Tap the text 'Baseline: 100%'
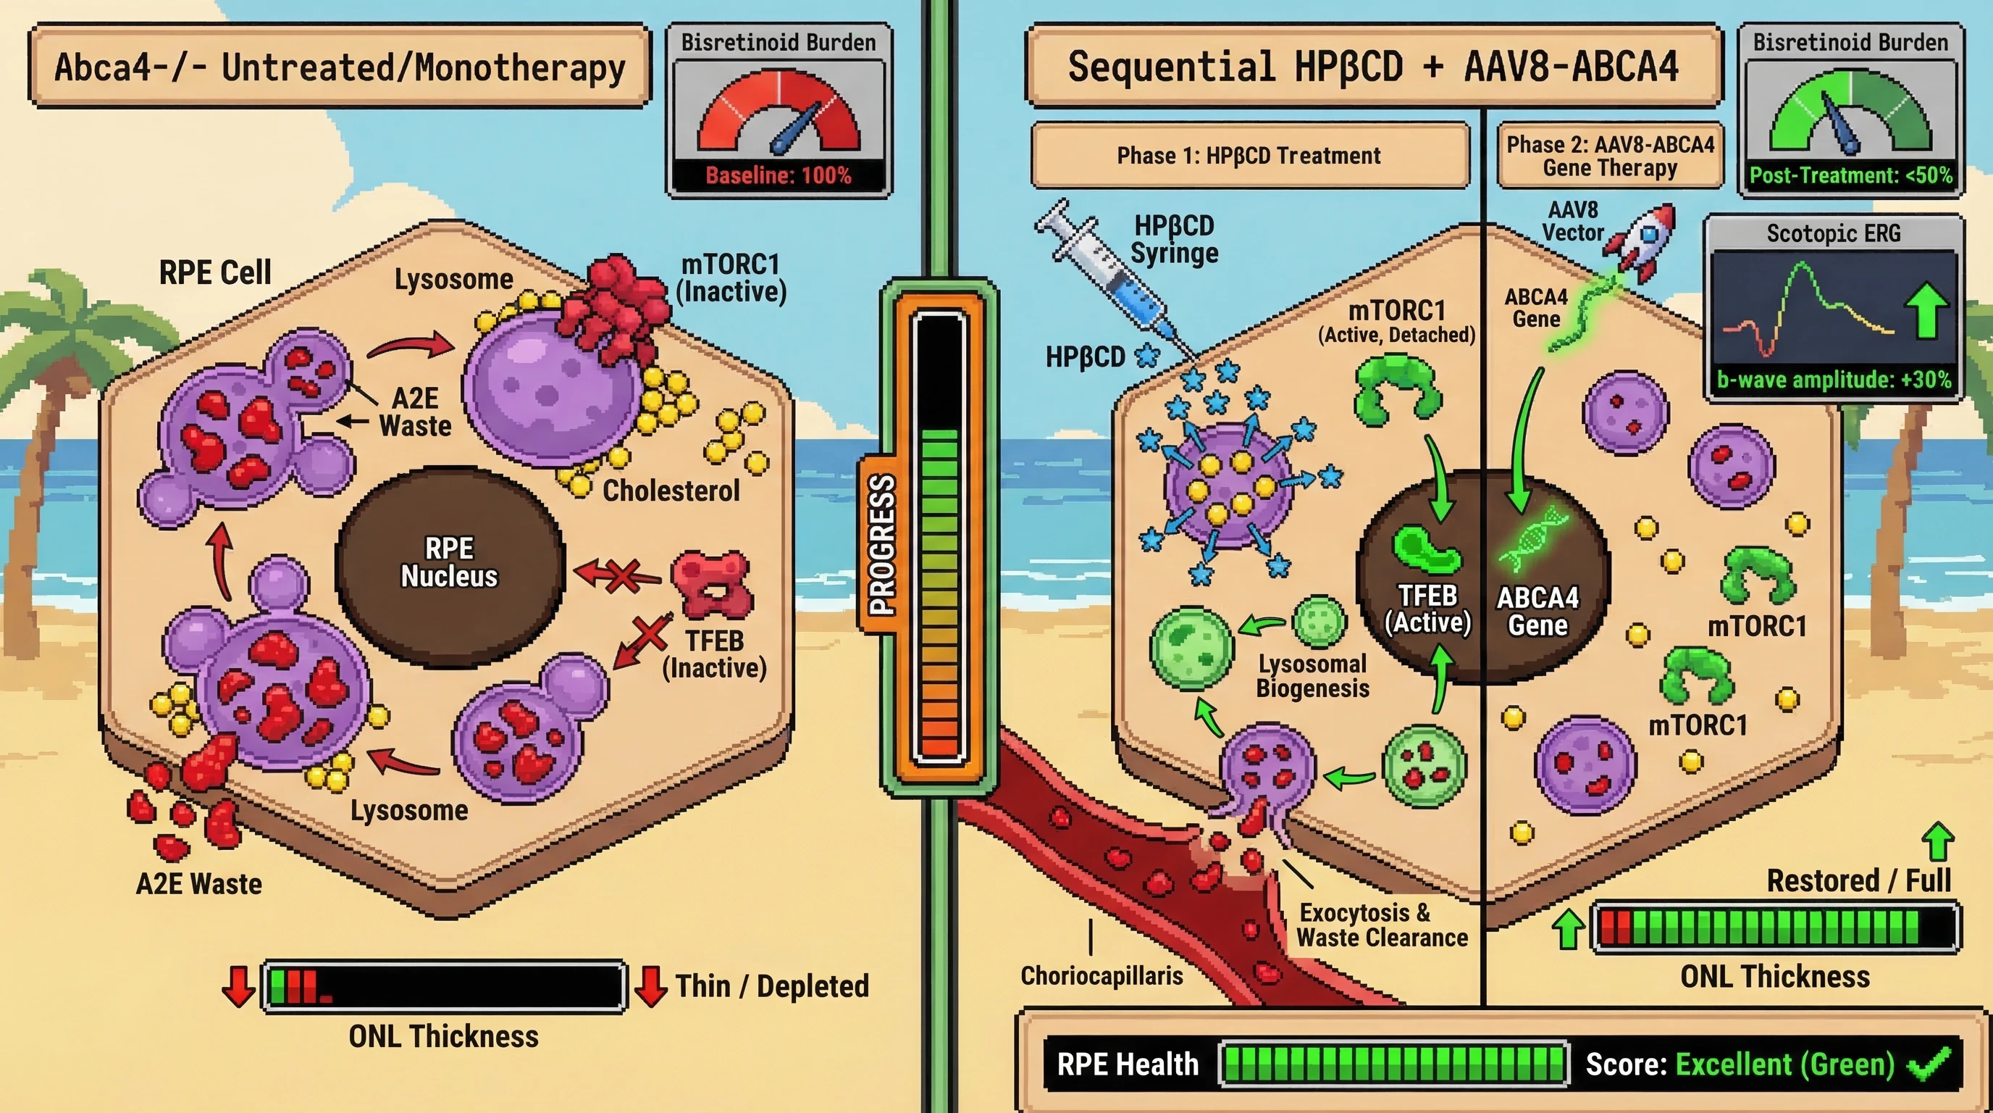pos(779,175)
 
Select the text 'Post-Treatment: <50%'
pos(1850,175)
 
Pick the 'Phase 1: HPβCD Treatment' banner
pos(1248,156)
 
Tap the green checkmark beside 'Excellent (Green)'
pos(1929,1065)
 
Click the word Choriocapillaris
pos(1101,975)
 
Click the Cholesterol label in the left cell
pos(671,491)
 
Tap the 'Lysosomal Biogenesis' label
pos(1312,675)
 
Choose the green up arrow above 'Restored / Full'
pos(1937,841)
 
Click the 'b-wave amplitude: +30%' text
pos(1834,380)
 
